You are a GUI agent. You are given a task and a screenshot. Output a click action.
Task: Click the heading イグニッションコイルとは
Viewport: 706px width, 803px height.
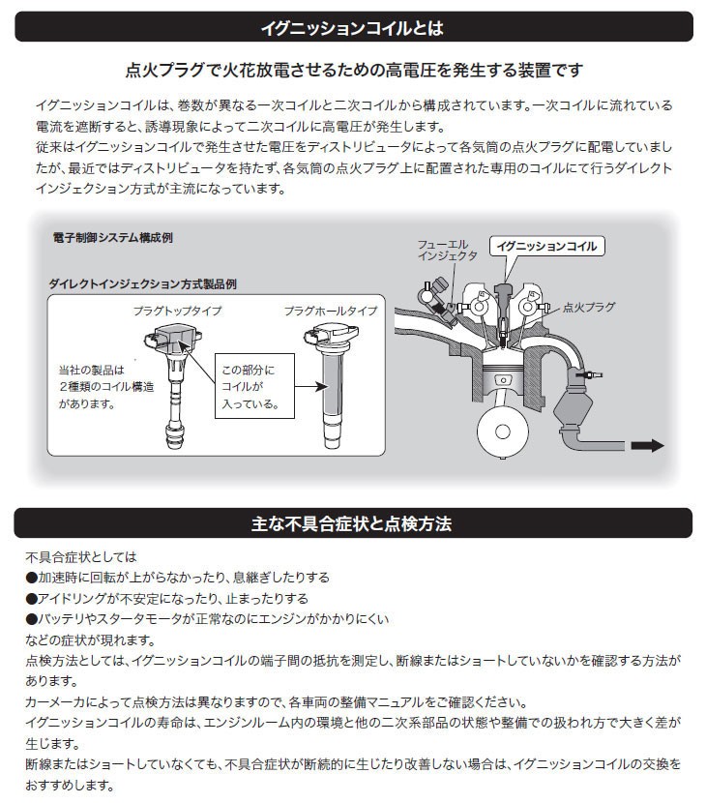(353, 28)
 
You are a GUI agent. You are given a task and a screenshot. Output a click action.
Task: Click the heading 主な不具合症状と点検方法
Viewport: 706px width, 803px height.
(353, 524)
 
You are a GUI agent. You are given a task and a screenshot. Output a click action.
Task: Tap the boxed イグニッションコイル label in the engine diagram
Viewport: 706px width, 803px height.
(546, 246)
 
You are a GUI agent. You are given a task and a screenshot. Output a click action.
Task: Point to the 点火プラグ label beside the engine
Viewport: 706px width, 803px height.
(588, 307)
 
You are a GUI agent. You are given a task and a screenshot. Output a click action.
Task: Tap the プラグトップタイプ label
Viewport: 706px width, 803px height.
(177, 312)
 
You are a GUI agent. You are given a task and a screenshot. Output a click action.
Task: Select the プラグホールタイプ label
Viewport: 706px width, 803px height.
(331, 312)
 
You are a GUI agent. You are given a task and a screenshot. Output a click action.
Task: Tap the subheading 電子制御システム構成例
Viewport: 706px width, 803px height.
(113, 237)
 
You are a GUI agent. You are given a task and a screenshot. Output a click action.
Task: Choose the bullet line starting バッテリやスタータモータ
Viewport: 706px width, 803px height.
(207, 619)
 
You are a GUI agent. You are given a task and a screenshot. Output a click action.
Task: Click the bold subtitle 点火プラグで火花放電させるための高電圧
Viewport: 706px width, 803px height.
(353, 71)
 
